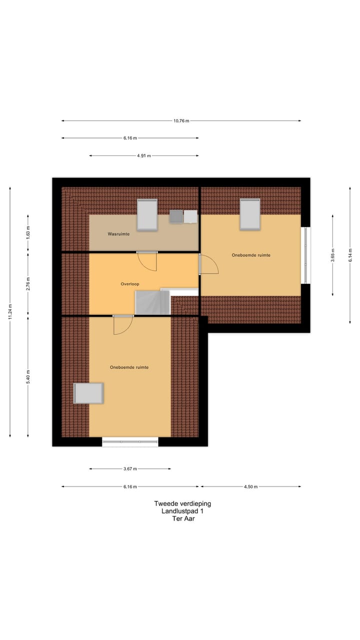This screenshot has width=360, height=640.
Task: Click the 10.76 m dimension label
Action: click(181, 120)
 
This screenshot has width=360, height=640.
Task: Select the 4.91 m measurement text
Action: click(144, 155)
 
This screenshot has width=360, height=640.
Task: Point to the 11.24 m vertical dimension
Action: click(10, 312)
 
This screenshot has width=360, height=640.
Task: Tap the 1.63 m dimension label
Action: click(28, 232)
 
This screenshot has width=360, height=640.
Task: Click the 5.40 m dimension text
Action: click(28, 375)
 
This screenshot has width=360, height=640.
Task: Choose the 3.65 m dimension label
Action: click(333, 255)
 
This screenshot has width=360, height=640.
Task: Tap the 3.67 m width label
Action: click(130, 469)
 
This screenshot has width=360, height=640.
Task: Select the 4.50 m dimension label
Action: click(250, 486)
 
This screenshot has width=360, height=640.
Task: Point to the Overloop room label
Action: click(129, 284)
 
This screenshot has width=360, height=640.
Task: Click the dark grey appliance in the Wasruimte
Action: click(176, 216)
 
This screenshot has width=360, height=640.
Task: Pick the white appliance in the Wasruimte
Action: click(190, 216)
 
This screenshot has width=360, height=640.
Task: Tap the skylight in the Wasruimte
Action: click(147, 214)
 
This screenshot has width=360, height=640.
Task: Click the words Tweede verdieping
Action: click(182, 504)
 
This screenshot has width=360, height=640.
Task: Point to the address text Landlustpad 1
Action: click(182, 511)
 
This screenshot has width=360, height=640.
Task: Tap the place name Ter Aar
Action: click(183, 519)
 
